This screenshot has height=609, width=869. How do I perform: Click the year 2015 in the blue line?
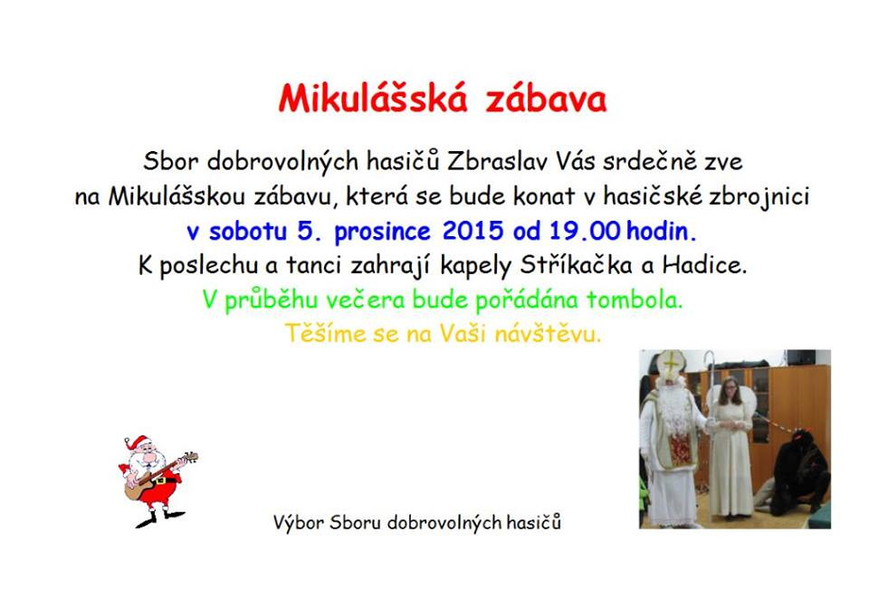point(473,231)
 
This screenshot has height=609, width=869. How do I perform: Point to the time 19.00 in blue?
point(584,231)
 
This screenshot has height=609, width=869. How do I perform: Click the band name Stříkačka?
point(576,265)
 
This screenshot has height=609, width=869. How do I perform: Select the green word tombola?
point(634,300)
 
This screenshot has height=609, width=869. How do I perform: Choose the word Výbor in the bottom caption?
point(298,522)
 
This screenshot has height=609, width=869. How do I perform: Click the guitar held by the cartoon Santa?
point(161,475)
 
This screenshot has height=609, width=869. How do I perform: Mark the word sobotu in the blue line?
point(248,231)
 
